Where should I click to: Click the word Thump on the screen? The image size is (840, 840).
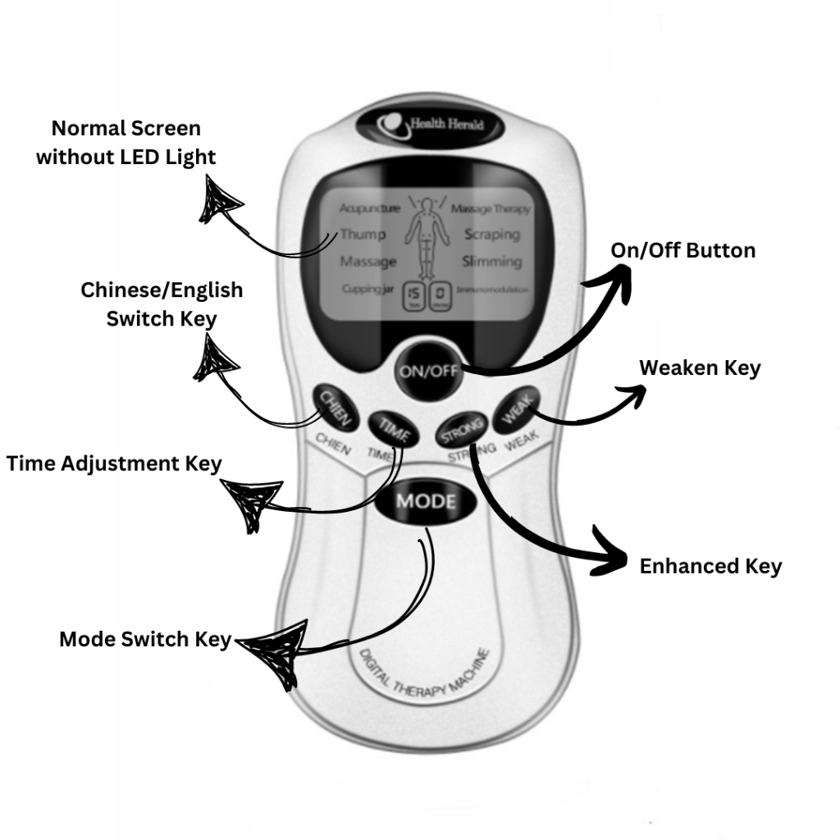[x=363, y=235]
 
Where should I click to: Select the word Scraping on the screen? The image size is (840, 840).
[x=492, y=235]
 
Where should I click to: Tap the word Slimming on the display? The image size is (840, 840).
[x=491, y=262]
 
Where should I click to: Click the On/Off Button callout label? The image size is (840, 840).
[x=683, y=250]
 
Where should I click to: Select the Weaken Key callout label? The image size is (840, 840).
[x=700, y=368]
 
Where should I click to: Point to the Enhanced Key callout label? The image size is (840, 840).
[x=710, y=566]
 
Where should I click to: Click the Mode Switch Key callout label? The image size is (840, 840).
[x=145, y=639]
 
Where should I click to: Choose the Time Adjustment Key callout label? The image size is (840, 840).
[x=114, y=463]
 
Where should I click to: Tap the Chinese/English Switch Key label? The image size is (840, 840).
[x=162, y=304]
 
